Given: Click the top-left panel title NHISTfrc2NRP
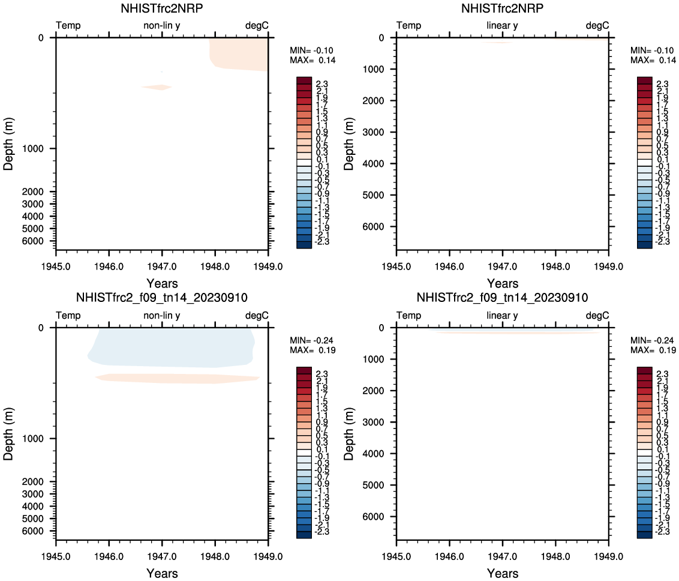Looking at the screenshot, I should (162, 9).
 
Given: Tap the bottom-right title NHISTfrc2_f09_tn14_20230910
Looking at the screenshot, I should (503, 298).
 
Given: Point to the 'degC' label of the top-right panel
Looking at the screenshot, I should (597, 25).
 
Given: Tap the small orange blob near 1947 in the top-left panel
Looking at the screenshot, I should (157, 87).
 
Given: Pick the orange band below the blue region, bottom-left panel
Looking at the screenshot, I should (177, 378).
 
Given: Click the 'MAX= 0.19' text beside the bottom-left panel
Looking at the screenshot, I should (313, 351).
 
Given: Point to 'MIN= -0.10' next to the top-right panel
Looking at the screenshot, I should (653, 50).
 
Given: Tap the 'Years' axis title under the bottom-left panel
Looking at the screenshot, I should (162, 573).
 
